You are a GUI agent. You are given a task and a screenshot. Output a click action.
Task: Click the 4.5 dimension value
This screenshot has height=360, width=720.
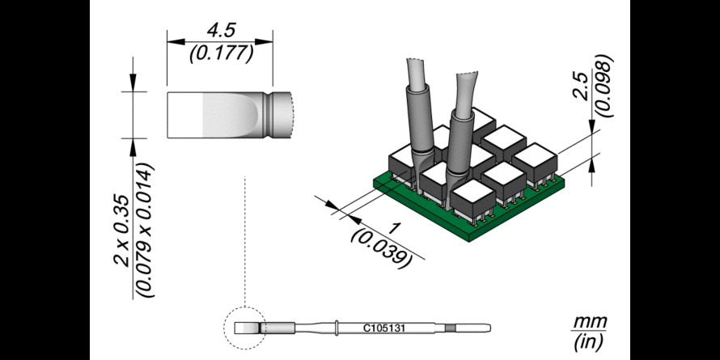click(220, 32)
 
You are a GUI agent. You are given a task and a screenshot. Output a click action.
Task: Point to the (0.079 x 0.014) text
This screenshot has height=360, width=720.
click(144, 230)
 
